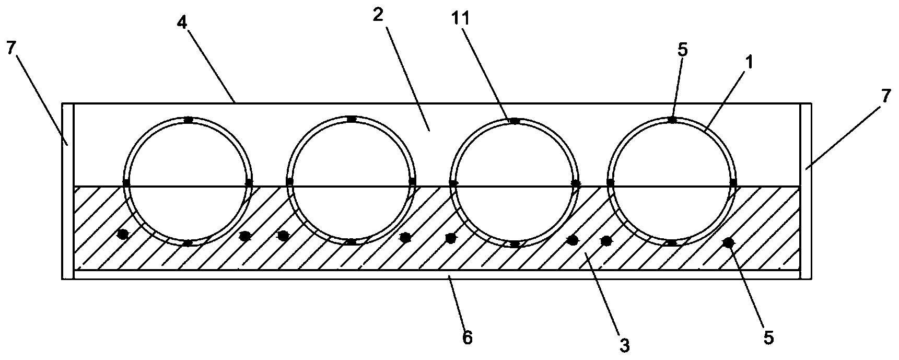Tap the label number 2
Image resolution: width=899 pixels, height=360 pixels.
click(378, 14)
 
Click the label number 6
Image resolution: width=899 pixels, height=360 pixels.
click(467, 336)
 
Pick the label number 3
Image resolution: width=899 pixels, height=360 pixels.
click(624, 345)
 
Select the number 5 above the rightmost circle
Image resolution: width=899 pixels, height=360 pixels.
click(683, 50)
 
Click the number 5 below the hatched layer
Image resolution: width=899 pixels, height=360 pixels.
click(768, 338)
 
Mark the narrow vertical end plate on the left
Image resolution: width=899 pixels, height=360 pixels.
click(67, 191)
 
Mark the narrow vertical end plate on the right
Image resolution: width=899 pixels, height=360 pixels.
click(806, 191)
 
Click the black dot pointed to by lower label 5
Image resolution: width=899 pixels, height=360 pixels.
click(727, 242)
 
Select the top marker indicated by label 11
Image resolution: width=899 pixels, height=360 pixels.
click(515, 121)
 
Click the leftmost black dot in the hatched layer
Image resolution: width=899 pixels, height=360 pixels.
click(123, 235)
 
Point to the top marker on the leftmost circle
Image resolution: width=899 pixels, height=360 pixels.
click(188, 120)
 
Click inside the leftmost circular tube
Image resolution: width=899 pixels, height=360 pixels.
click(188, 180)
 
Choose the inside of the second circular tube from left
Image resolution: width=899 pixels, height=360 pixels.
click(351, 180)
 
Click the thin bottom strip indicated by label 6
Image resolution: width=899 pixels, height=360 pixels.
click(437, 274)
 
